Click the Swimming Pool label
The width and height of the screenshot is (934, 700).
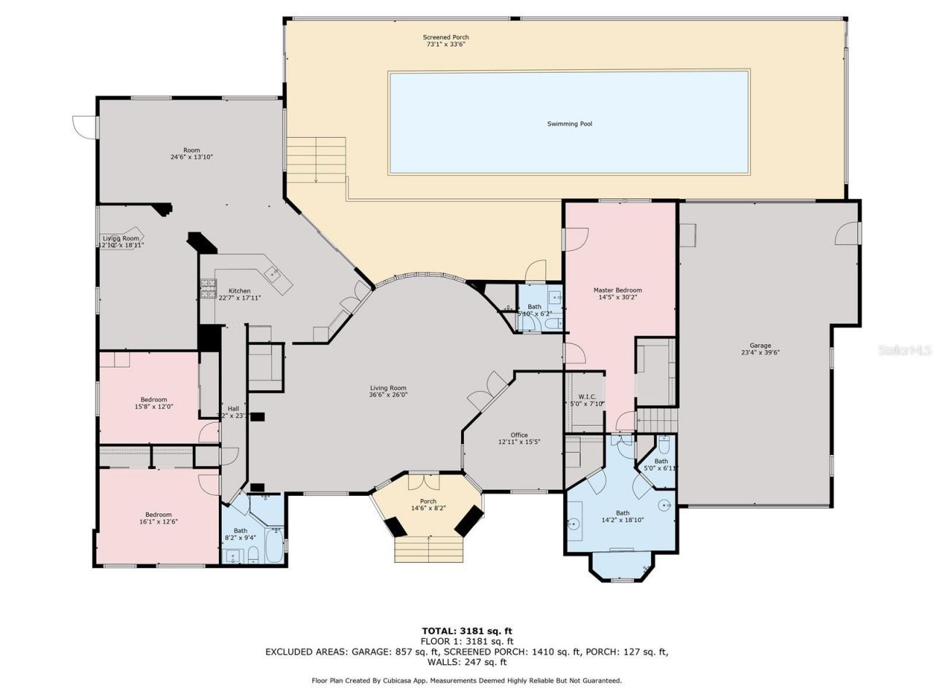[569, 124]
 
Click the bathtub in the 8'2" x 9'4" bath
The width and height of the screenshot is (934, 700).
[274, 545]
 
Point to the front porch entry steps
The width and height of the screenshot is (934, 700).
[429, 548]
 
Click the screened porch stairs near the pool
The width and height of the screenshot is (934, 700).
[315, 160]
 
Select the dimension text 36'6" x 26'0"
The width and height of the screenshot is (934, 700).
[387, 395]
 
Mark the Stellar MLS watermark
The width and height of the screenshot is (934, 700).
[903, 351]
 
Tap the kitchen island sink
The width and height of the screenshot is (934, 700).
[274, 274]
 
